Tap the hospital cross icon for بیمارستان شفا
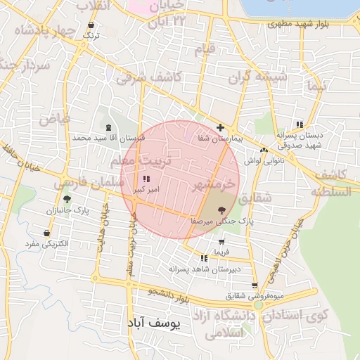[x=221, y=128]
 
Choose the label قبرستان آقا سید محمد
[x=108, y=138]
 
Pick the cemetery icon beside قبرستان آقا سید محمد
[x=108, y=127]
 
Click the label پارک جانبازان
[x=67, y=210]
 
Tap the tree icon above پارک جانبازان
[x=67, y=200]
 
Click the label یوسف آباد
[x=153, y=323]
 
